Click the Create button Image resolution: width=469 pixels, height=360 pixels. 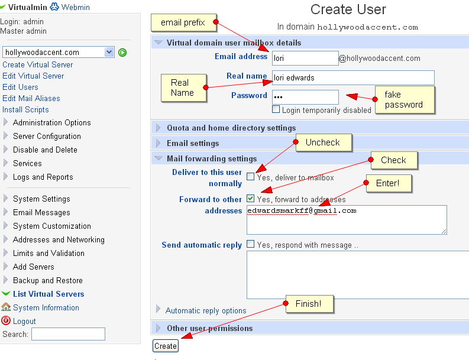(x=166, y=346)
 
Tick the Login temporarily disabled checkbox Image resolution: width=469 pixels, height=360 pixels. (x=276, y=109)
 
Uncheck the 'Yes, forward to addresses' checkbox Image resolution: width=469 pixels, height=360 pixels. (x=250, y=198)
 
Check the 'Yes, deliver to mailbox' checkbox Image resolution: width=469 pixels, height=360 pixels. (x=250, y=176)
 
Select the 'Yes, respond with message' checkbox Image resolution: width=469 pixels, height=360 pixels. (x=250, y=244)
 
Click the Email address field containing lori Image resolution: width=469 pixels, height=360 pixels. (x=305, y=58)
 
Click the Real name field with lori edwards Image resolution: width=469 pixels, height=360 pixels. (x=353, y=78)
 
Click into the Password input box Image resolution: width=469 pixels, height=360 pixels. (x=305, y=97)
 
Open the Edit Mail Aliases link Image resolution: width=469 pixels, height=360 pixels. (x=31, y=98)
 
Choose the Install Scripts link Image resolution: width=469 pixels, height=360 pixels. (x=25, y=110)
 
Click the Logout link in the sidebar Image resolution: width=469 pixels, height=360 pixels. (x=24, y=321)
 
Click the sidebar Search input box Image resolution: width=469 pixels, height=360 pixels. (x=68, y=334)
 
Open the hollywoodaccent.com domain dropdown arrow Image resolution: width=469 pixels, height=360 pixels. (x=109, y=52)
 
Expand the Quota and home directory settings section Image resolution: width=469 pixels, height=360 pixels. (x=231, y=128)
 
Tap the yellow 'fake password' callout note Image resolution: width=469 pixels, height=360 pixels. (x=405, y=100)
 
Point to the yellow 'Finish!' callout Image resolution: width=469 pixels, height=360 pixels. (x=309, y=304)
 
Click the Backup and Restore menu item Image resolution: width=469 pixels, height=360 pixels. (x=48, y=280)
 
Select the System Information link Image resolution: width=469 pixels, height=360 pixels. (x=46, y=307)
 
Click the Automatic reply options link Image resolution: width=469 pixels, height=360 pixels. (x=206, y=311)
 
